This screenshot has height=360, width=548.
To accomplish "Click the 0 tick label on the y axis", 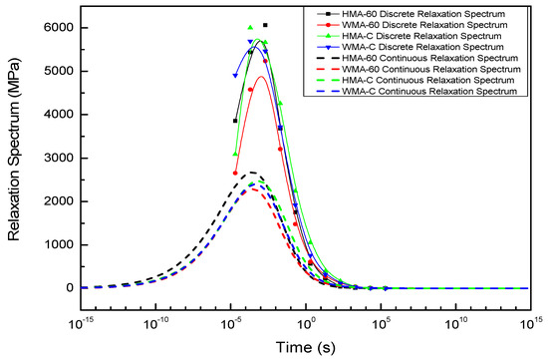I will tap(61, 288).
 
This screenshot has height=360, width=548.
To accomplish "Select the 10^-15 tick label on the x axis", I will tap(79, 322).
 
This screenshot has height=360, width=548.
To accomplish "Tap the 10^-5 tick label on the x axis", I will tap(229, 322).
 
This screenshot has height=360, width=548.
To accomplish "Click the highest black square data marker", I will tap(265, 25).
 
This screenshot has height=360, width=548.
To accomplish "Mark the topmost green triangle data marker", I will tap(250, 28).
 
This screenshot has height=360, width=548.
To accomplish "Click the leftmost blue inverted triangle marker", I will tap(235, 76).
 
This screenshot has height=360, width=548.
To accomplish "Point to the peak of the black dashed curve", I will tap(253, 173).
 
